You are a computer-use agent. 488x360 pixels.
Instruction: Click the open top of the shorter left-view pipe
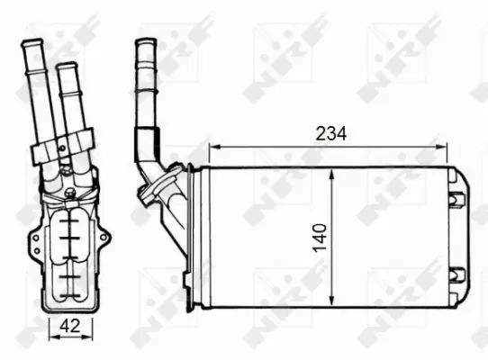click(65, 67)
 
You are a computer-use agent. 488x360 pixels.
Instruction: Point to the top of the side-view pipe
click(144, 42)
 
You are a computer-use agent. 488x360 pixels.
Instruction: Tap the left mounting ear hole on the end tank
click(34, 239)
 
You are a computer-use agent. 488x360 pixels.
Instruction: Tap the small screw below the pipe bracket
click(70, 192)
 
